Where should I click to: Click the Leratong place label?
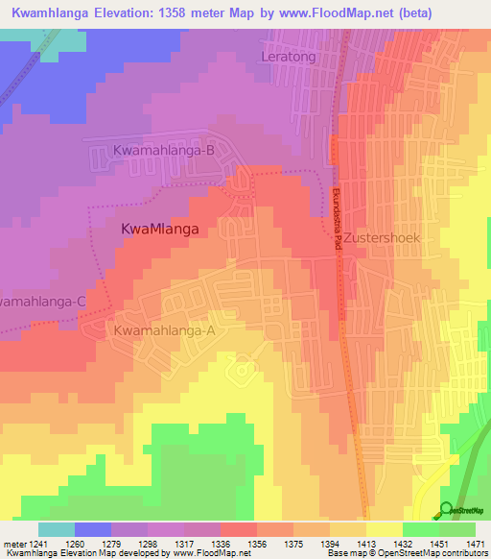(x=289, y=58)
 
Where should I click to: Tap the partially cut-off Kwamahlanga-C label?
(x=43, y=302)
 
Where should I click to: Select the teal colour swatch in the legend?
(x=57, y=529)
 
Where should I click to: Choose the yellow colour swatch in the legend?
(x=384, y=529)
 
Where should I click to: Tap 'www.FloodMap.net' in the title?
(x=326, y=12)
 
